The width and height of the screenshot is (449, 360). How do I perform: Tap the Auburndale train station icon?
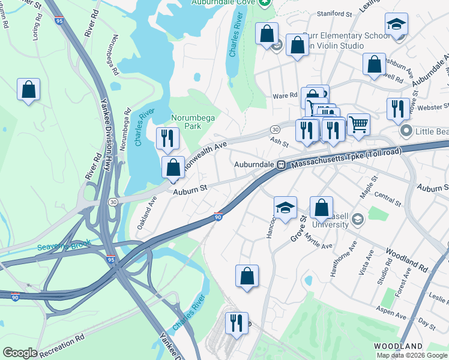[280, 164]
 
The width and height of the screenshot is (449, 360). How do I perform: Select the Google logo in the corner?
[20, 353]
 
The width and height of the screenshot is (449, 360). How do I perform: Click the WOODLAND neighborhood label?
[398, 347]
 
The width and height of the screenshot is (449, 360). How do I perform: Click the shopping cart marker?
[358, 125]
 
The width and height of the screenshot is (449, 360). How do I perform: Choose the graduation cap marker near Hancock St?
[286, 208]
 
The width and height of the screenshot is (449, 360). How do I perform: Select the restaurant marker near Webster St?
[398, 109]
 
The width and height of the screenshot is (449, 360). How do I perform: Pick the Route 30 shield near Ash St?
[274, 130]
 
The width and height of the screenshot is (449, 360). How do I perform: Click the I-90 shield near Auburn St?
[218, 218]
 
